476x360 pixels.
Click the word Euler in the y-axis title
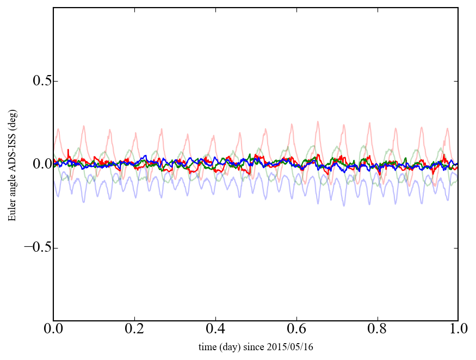pyautogui.click(x=11, y=212)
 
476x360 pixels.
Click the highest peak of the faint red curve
pyautogui.click(x=318, y=121)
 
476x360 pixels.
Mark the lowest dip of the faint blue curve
pyautogui.click(x=344, y=206)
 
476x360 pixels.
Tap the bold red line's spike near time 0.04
pyautogui.click(x=68, y=150)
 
